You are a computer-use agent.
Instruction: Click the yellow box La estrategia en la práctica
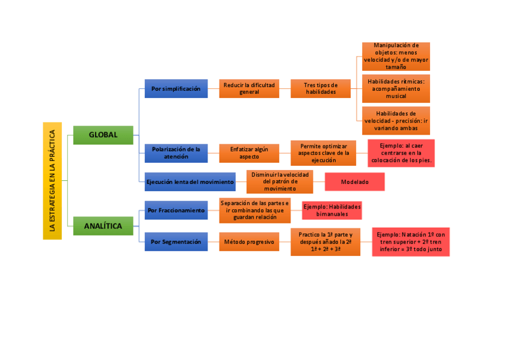pyautogui.click(x=52, y=180)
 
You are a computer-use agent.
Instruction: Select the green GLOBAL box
pyautogui.click(x=103, y=135)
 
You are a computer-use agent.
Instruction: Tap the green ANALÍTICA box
pyautogui.click(x=103, y=226)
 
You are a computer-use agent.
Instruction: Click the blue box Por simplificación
pyautogui.click(x=176, y=89)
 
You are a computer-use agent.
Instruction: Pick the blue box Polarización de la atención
pyautogui.click(x=176, y=153)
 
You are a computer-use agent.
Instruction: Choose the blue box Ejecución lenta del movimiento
pyautogui.click(x=190, y=182)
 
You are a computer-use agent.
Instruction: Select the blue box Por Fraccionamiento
pyautogui.click(x=176, y=210)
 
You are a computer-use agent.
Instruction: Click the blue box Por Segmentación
pyautogui.click(x=176, y=242)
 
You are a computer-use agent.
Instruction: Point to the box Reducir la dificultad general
pyautogui.click(x=249, y=89)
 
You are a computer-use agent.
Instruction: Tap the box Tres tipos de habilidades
pyautogui.click(x=321, y=89)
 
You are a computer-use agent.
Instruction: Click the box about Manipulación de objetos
pyautogui.click(x=396, y=56)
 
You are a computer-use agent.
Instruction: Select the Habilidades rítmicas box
pyautogui.click(x=396, y=88)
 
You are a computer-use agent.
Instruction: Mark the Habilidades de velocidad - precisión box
pyautogui.click(x=396, y=120)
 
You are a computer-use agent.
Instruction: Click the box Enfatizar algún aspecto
pyautogui.click(x=249, y=153)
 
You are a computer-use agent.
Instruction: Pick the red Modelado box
pyautogui.click(x=355, y=182)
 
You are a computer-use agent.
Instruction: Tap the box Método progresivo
pyautogui.click(x=249, y=242)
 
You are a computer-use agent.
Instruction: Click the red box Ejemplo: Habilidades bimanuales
pyautogui.click(x=332, y=210)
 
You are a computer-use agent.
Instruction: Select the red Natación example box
pyautogui.click(x=411, y=242)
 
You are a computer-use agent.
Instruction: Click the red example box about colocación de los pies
pyautogui.click(x=401, y=153)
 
